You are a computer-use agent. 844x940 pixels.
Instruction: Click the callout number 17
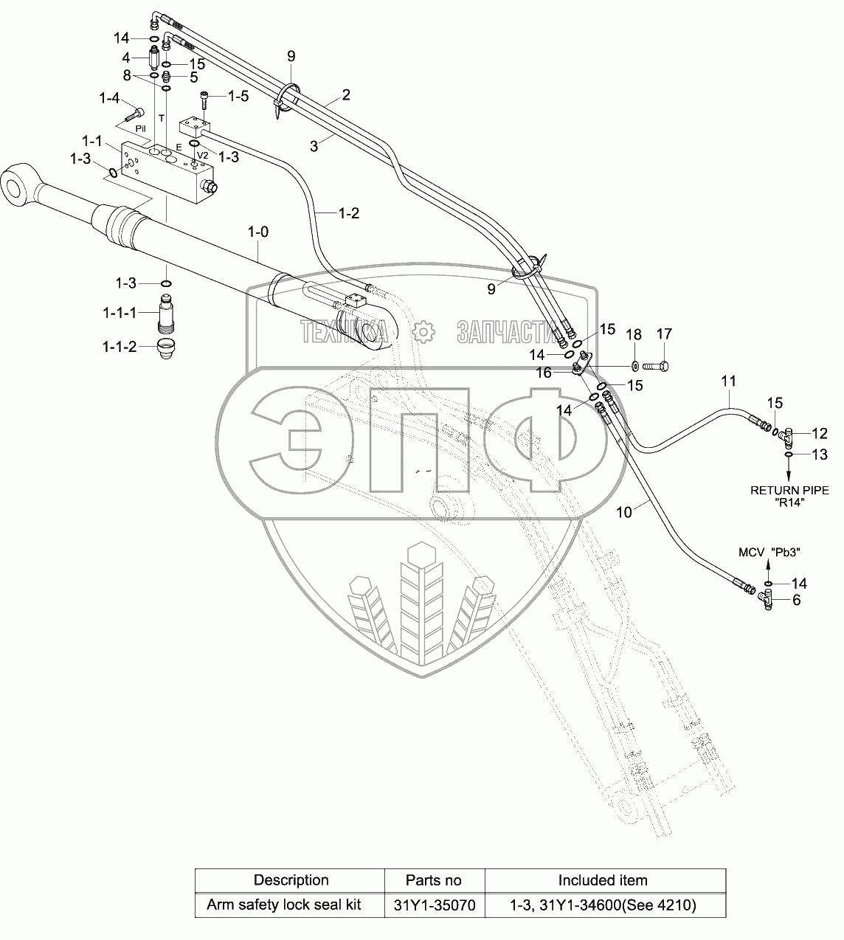pos(664,334)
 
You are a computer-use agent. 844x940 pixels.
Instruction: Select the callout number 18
pos(634,334)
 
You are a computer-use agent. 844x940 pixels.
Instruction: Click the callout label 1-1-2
pos(120,347)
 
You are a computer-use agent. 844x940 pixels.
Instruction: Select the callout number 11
pos(729,381)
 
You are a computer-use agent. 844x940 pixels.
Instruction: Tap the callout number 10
pos(624,512)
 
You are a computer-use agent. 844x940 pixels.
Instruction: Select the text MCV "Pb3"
pos(769,552)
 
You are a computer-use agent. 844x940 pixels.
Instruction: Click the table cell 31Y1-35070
pos(434,905)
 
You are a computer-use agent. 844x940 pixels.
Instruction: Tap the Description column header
pos(291,880)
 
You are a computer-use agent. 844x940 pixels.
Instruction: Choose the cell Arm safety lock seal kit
pos(284,905)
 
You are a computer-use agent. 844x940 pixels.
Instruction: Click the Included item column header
pos(602,880)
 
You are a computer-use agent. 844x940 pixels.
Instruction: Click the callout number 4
pos(126,58)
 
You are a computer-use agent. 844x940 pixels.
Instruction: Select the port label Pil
pos(141,128)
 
